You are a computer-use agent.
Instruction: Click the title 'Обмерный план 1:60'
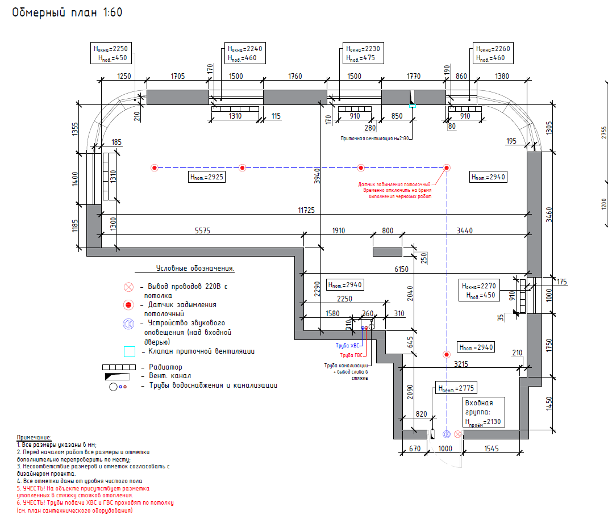(67, 12)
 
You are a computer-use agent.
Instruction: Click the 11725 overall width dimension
(307, 210)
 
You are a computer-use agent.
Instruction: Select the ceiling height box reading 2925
(207, 178)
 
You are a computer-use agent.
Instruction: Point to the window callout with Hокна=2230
(363, 53)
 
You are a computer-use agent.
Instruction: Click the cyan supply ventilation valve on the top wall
(413, 106)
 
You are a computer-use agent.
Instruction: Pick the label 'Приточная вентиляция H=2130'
(376, 139)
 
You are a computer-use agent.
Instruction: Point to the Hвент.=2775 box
(455, 388)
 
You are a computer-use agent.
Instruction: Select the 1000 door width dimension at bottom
(445, 448)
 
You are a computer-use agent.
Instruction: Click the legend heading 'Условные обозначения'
(195, 268)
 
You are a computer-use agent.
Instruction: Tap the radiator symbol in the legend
(119, 367)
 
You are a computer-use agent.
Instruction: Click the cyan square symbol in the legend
(130, 351)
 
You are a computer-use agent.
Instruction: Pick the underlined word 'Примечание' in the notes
(34, 437)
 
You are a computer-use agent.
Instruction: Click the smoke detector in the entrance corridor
(447, 355)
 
